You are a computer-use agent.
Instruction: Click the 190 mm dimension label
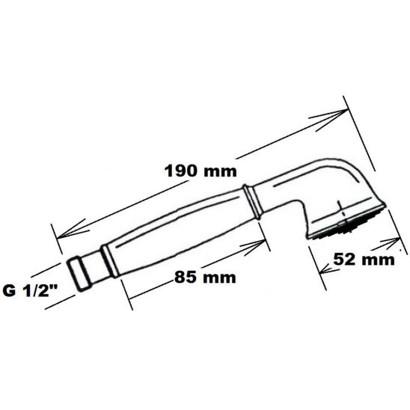coord(198,171)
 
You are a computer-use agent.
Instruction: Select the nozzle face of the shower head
coord(346,224)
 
